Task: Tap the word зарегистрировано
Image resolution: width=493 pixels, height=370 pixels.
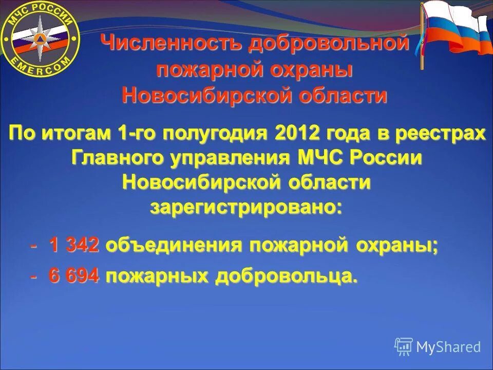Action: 245,208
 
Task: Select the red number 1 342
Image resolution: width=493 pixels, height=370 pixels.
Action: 74,246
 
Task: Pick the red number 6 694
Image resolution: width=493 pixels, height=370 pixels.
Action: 74,276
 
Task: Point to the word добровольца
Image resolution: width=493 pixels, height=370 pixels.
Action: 286,277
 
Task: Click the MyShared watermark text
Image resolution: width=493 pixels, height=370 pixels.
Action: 448,347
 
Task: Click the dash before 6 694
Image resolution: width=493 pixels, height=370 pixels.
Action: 33,277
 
